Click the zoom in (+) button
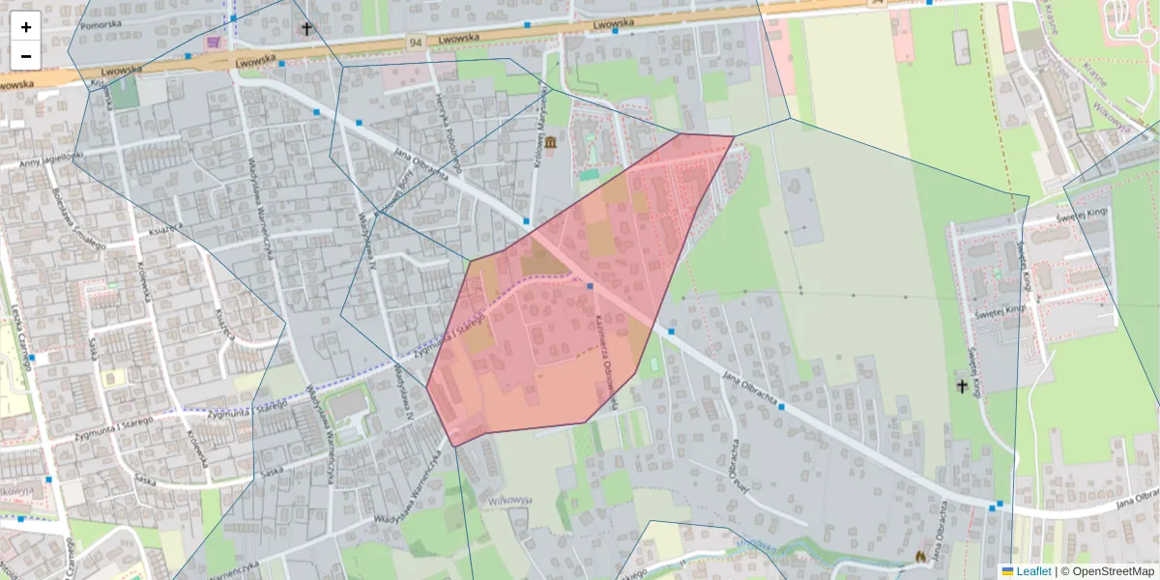26,27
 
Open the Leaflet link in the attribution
1033,571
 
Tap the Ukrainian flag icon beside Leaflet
1007,571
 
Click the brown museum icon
551,144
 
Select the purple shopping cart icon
213,43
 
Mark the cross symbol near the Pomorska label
307,29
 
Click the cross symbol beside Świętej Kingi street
962,386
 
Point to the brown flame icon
920,557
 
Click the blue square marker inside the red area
590,286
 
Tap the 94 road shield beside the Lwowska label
416,43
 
